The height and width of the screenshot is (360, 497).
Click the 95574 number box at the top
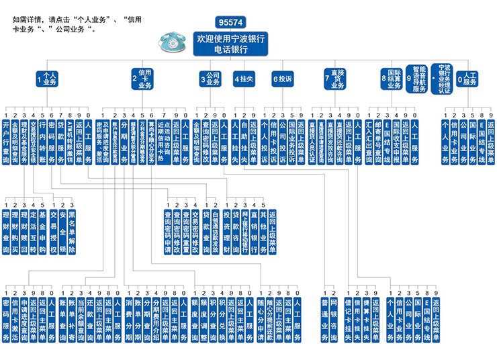[x=230, y=23]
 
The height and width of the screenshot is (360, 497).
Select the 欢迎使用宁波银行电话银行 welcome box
[x=230, y=44]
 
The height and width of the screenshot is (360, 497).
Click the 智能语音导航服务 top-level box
[x=418, y=78]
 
